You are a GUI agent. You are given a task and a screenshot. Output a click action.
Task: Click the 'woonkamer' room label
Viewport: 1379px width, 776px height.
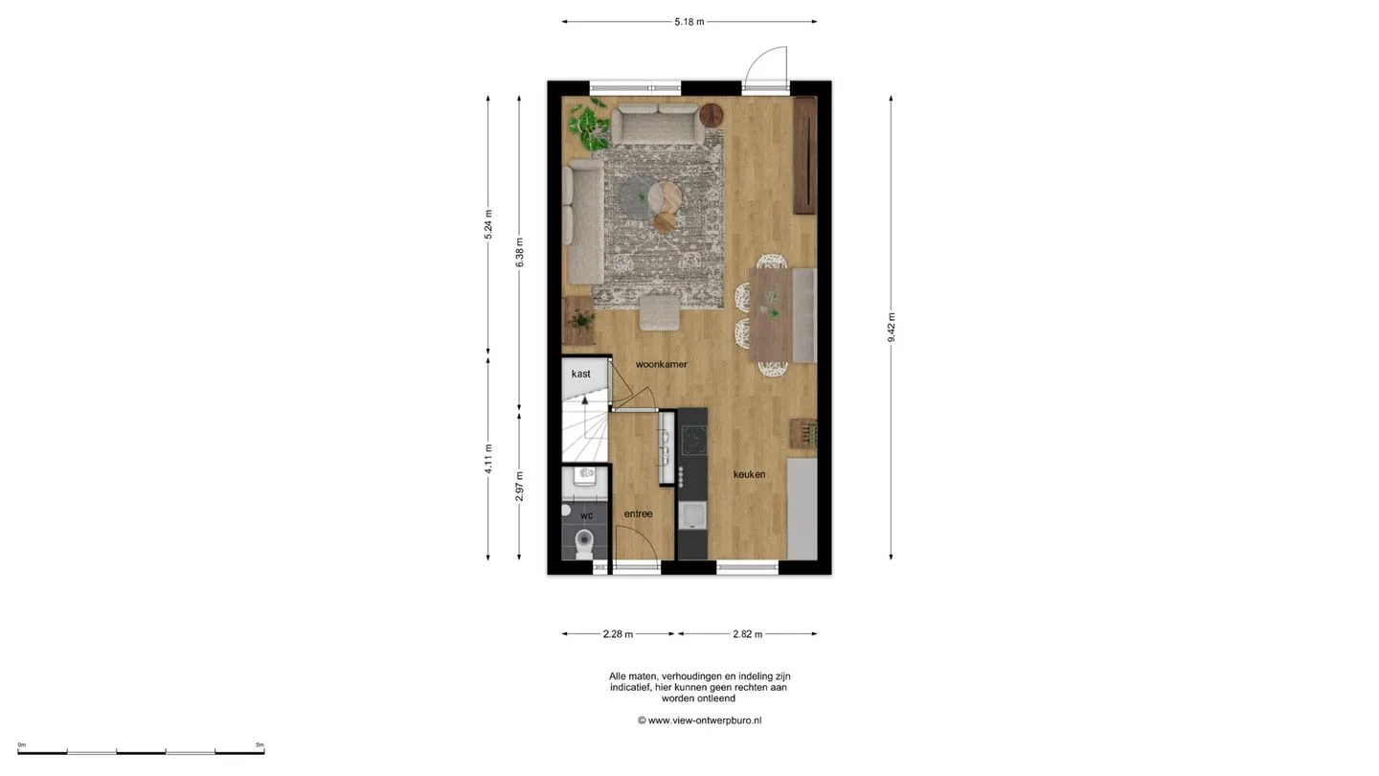click(661, 364)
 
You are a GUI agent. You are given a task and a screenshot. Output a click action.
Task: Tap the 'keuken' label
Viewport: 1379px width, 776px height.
click(749, 474)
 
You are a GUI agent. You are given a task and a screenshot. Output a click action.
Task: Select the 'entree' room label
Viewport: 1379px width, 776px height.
click(639, 514)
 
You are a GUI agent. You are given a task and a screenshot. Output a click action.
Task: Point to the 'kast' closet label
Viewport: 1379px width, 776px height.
click(580, 374)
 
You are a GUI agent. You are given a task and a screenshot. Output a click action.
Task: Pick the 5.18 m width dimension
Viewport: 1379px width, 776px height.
click(689, 21)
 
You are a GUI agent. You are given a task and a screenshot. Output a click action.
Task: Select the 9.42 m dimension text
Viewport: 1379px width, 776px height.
click(891, 328)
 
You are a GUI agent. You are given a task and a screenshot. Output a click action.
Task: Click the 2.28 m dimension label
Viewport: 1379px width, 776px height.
click(618, 634)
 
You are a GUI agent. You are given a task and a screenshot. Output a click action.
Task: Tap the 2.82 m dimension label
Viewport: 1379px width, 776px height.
click(747, 634)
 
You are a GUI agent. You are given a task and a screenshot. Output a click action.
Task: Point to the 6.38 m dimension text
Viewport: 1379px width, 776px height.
click(519, 253)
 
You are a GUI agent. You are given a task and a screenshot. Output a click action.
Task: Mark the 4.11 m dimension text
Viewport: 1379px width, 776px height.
click(488, 459)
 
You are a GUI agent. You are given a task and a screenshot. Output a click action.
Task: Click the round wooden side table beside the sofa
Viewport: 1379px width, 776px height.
click(711, 115)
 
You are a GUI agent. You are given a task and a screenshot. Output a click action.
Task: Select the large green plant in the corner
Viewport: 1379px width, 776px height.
click(588, 126)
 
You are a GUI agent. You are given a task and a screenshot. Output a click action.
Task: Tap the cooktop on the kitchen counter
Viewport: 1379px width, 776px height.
click(693, 440)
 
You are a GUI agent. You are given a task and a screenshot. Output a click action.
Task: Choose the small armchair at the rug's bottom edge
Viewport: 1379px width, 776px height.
click(660, 312)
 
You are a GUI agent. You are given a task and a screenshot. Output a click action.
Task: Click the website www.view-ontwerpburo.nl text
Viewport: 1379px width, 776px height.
click(704, 720)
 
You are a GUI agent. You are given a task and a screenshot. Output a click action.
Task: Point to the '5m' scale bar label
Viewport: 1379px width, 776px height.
click(260, 744)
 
